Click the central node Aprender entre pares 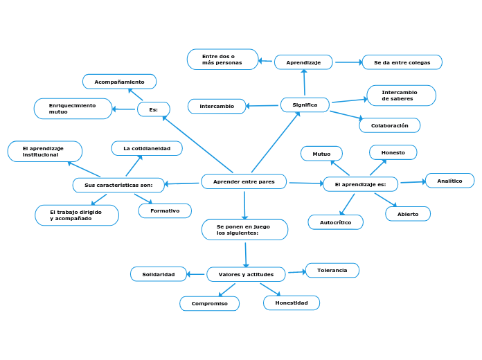pyautogui.click(x=244, y=181)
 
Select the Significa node pyautogui.click(x=305, y=105)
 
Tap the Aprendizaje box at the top pyautogui.click(x=303, y=62)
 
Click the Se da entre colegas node pyautogui.click(x=402, y=62)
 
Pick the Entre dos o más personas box pyautogui.click(x=222, y=60)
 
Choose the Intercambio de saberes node pyautogui.click(x=401, y=96)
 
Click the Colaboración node pyautogui.click(x=389, y=125)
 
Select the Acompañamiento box pyautogui.click(x=119, y=82)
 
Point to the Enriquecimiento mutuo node pyautogui.click(x=73, y=109)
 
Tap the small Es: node pyautogui.click(x=153, y=109)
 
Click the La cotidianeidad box pyautogui.click(x=147, y=148)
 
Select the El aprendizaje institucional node pyautogui.click(x=44, y=152)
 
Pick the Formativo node pyautogui.click(x=165, y=210)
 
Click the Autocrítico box pyautogui.click(x=335, y=222)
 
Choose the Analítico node pyautogui.click(x=449, y=181)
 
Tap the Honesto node pyautogui.click(x=393, y=152)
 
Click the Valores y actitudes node pyautogui.click(x=246, y=274)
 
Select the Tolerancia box pyautogui.click(x=332, y=270)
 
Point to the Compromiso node pyautogui.click(x=209, y=303)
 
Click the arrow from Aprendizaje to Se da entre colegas pyautogui.click(x=348, y=62)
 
